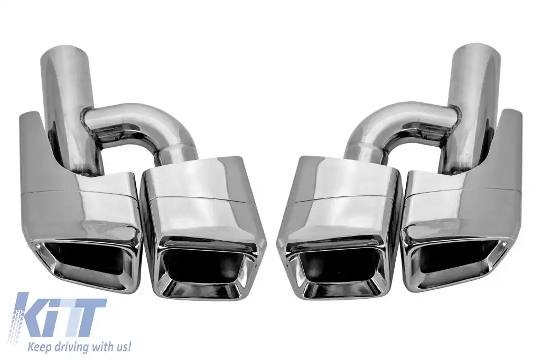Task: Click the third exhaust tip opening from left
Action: (338, 267)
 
